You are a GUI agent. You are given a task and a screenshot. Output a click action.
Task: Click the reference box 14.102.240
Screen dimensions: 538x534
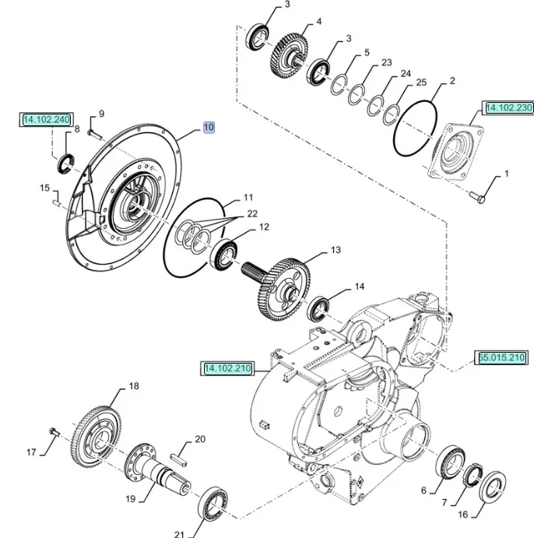(x=47, y=120)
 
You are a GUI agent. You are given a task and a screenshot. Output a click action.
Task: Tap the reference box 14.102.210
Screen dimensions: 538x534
(x=228, y=368)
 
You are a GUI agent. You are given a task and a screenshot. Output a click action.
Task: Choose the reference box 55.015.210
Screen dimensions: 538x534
(x=502, y=357)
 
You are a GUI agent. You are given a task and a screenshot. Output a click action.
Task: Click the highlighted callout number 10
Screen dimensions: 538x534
(x=209, y=126)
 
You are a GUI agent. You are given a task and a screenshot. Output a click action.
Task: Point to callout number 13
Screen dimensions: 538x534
(x=336, y=250)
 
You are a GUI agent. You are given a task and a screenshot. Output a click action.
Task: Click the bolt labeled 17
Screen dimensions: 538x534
(x=53, y=430)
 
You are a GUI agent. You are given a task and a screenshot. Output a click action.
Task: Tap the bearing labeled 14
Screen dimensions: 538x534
(x=319, y=307)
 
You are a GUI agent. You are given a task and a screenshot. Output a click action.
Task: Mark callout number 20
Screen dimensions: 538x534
(x=200, y=439)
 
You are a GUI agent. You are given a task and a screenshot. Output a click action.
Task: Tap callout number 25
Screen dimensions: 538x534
(x=421, y=82)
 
